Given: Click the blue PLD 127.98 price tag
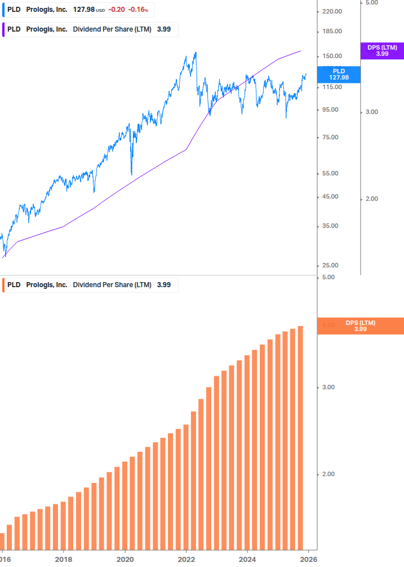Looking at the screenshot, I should pyautogui.click(x=339, y=74).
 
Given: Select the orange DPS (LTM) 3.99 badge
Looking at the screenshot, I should pyautogui.click(x=361, y=326).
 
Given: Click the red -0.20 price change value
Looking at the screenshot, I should pyautogui.click(x=117, y=10).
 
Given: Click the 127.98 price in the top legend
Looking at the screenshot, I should pyautogui.click(x=83, y=10).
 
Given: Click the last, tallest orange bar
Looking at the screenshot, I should pyautogui.click(x=301, y=437).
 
